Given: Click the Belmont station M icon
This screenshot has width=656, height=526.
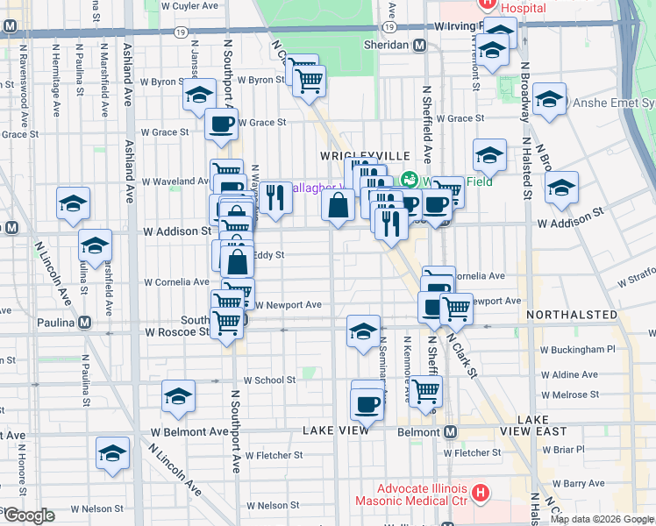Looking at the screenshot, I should pyautogui.click(x=451, y=432).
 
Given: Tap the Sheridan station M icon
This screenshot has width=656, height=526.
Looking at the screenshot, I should pyautogui.click(x=420, y=46).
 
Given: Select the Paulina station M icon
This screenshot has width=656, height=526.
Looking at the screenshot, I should pyautogui.click(x=84, y=322).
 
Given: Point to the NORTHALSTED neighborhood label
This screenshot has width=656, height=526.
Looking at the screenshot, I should pyautogui.click(x=562, y=314).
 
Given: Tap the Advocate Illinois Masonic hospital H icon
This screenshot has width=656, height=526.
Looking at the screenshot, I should pyautogui.click(x=480, y=494).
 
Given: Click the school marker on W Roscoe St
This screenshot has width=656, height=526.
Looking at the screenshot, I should pyautogui.click(x=363, y=331).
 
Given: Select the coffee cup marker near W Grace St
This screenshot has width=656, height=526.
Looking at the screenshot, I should pyautogui.click(x=221, y=124).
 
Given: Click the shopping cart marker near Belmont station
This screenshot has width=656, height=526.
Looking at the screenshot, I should pyautogui.click(x=425, y=392).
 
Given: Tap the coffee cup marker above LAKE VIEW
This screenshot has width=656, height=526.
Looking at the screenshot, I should pyautogui.click(x=367, y=404).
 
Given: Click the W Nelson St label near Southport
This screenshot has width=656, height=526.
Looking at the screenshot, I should pyautogui.click(x=273, y=505).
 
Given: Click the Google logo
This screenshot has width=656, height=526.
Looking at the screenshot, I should pyautogui.click(x=28, y=515).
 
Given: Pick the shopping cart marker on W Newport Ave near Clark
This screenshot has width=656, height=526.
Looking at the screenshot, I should pyautogui.click(x=455, y=308).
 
